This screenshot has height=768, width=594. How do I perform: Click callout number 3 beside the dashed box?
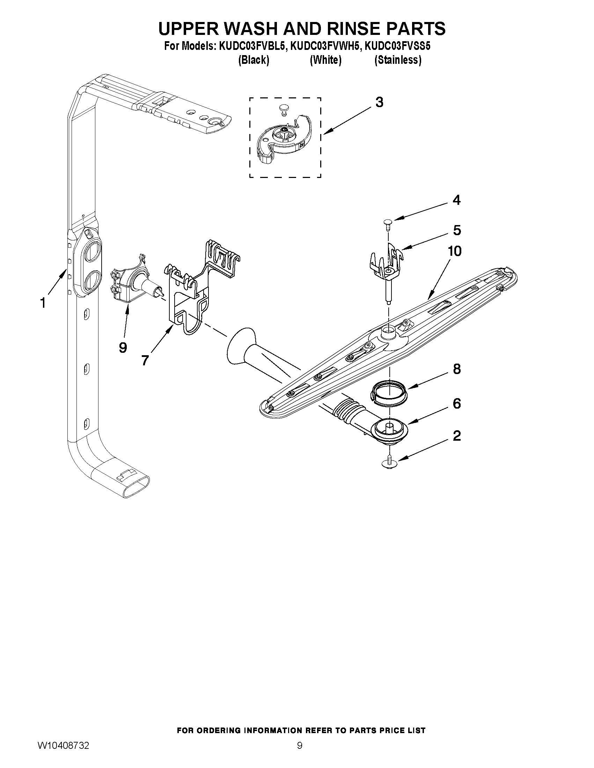(379, 102)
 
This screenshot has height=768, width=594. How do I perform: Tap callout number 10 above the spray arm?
(455, 251)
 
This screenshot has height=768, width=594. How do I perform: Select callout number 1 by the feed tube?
(43, 303)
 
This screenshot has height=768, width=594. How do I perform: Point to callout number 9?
(123, 348)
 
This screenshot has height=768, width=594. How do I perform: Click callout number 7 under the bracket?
(145, 360)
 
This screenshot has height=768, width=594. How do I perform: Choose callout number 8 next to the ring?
(457, 369)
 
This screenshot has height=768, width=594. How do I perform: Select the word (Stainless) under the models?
(398, 60)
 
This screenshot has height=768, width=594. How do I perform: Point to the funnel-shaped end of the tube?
(237, 346)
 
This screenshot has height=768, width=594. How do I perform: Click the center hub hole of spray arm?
(389, 330)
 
